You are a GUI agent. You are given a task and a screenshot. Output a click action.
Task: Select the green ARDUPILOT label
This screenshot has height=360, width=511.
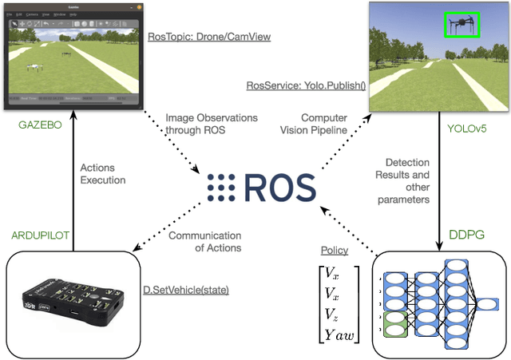[x=39, y=235]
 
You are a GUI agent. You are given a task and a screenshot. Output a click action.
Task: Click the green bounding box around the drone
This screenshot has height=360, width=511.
[x=461, y=25]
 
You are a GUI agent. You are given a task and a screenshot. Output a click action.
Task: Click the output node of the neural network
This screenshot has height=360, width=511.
[x=485, y=303]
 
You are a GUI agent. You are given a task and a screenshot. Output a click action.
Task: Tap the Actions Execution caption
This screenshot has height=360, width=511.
[x=103, y=173]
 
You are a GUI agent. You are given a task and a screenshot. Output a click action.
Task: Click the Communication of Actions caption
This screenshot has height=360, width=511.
[x=205, y=241]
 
